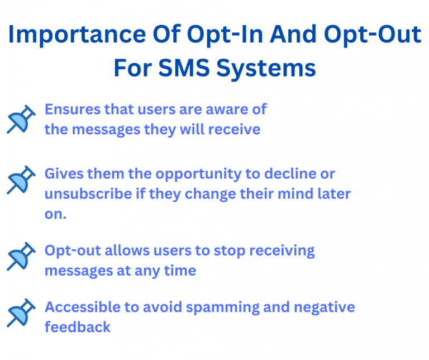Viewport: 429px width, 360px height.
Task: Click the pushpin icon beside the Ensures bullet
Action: [21, 119]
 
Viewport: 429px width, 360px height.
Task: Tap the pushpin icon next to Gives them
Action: [21, 179]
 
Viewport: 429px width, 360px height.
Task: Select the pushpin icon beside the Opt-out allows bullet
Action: [21, 256]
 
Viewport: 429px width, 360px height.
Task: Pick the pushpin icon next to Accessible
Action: [21, 313]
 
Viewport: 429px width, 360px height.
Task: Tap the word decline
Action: [284, 174]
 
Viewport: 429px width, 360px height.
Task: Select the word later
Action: [335, 194]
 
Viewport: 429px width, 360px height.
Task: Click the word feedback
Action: [77, 327]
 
